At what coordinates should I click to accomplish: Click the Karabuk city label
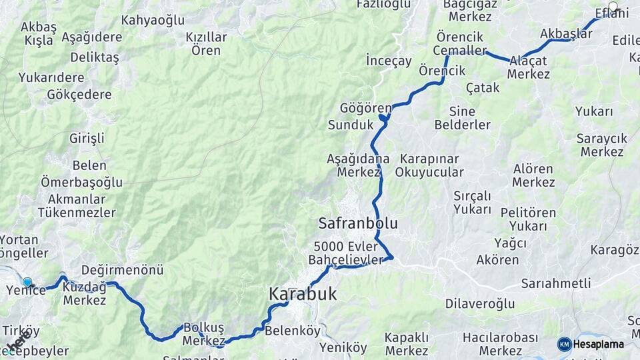tap(303, 294)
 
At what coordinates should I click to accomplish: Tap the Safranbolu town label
tap(358, 223)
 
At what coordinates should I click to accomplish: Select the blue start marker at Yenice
tap(27, 282)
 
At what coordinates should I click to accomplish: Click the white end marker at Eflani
tap(613, 7)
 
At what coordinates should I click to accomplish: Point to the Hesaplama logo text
tap(598, 345)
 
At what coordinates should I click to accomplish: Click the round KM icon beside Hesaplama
tap(565, 344)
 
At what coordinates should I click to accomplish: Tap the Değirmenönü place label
tap(122, 270)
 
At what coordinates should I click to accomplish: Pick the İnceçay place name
tap(389, 61)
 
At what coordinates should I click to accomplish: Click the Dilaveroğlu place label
tap(479, 304)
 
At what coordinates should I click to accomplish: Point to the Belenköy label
tap(293, 330)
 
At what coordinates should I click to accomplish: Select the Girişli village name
tap(87, 139)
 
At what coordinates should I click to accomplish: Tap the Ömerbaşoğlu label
tap(81, 182)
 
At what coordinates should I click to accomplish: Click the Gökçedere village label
tap(79, 94)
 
